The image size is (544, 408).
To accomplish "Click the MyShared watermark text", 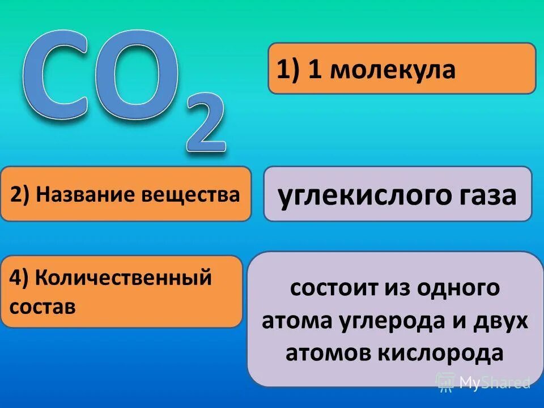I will (493, 382).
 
